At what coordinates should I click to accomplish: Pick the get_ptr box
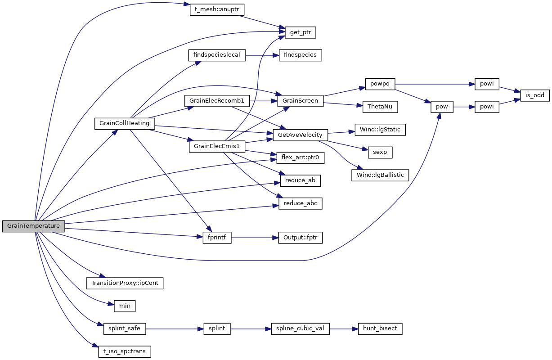(x=301, y=32)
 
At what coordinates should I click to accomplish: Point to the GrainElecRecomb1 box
(x=217, y=101)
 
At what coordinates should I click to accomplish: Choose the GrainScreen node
(x=301, y=101)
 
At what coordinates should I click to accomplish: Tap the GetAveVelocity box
(x=301, y=135)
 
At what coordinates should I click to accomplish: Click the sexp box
(x=380, y=153)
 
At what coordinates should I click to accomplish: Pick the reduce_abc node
(x=301, y=203)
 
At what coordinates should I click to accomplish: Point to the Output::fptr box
(x=301, y=238)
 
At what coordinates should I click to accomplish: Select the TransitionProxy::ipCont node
(x=125, y=283)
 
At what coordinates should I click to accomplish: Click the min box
(x=125, y=306)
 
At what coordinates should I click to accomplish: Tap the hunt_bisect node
(x=380, y=328)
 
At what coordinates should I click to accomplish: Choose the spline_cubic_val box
(x=301, y=328)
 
